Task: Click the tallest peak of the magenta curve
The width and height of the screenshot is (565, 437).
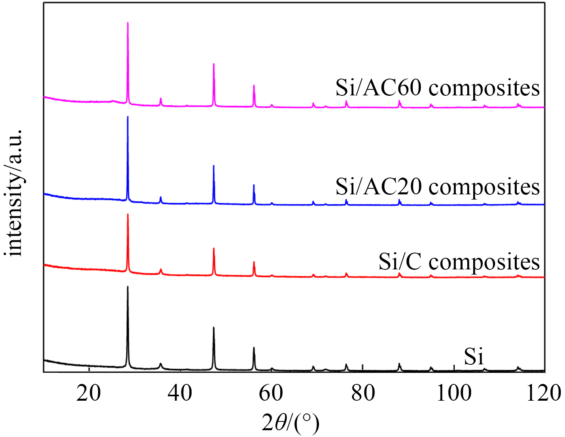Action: coord(128,23)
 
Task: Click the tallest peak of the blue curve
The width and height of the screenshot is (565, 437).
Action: coord(128,117)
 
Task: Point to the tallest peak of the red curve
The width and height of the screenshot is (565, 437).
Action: coord(128,215)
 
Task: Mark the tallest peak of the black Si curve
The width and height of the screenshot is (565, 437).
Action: coord(128,287)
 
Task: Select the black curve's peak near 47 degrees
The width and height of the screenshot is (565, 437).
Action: coord(214,328)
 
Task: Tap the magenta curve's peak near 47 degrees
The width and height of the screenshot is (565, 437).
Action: coord(214,64)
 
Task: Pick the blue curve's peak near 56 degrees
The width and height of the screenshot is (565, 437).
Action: coord(254,185)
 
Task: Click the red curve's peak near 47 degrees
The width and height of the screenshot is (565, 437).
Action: coord(214,249)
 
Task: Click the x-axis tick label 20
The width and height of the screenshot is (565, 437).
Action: coord(89,393)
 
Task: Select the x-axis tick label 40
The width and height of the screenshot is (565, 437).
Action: coord(180,393)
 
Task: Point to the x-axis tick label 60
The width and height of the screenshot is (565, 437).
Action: coord(271,393)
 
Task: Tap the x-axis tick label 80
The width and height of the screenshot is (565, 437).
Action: coord(362,393)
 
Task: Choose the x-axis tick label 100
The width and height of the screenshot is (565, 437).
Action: coord(454,393)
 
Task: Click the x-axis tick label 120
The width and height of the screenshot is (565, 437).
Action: coord(544,393)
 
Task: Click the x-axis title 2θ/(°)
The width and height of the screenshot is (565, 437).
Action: coord(291,423)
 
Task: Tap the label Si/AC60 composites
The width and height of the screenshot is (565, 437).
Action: coord(437,88)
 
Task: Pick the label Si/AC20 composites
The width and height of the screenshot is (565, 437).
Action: coord(437,186)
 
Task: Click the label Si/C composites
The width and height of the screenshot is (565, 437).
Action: coord(459,262)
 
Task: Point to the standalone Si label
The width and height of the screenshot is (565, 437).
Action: coord(474,356)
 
